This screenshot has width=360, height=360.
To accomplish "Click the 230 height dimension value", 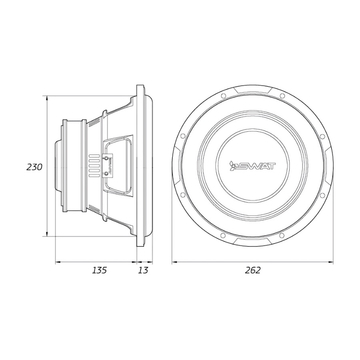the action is [x=34, y=167].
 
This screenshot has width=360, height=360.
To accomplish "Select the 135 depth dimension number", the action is [x=99, y=270].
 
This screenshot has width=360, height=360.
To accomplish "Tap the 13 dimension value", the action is [x=143, y=270].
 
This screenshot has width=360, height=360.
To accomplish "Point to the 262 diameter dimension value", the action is [x=253, y=270].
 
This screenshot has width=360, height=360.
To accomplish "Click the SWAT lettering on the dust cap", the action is [x=256, y=166].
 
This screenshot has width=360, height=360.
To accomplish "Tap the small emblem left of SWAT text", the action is [x=233, y=166].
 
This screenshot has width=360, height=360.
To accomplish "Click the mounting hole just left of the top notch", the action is [x=223, y=96].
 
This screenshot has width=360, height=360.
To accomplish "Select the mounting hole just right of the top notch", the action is [x=282, y=96].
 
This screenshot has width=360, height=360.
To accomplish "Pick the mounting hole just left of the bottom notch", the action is [x=223, y=236].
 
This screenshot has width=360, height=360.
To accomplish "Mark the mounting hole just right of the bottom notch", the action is [x=282, y=236].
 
